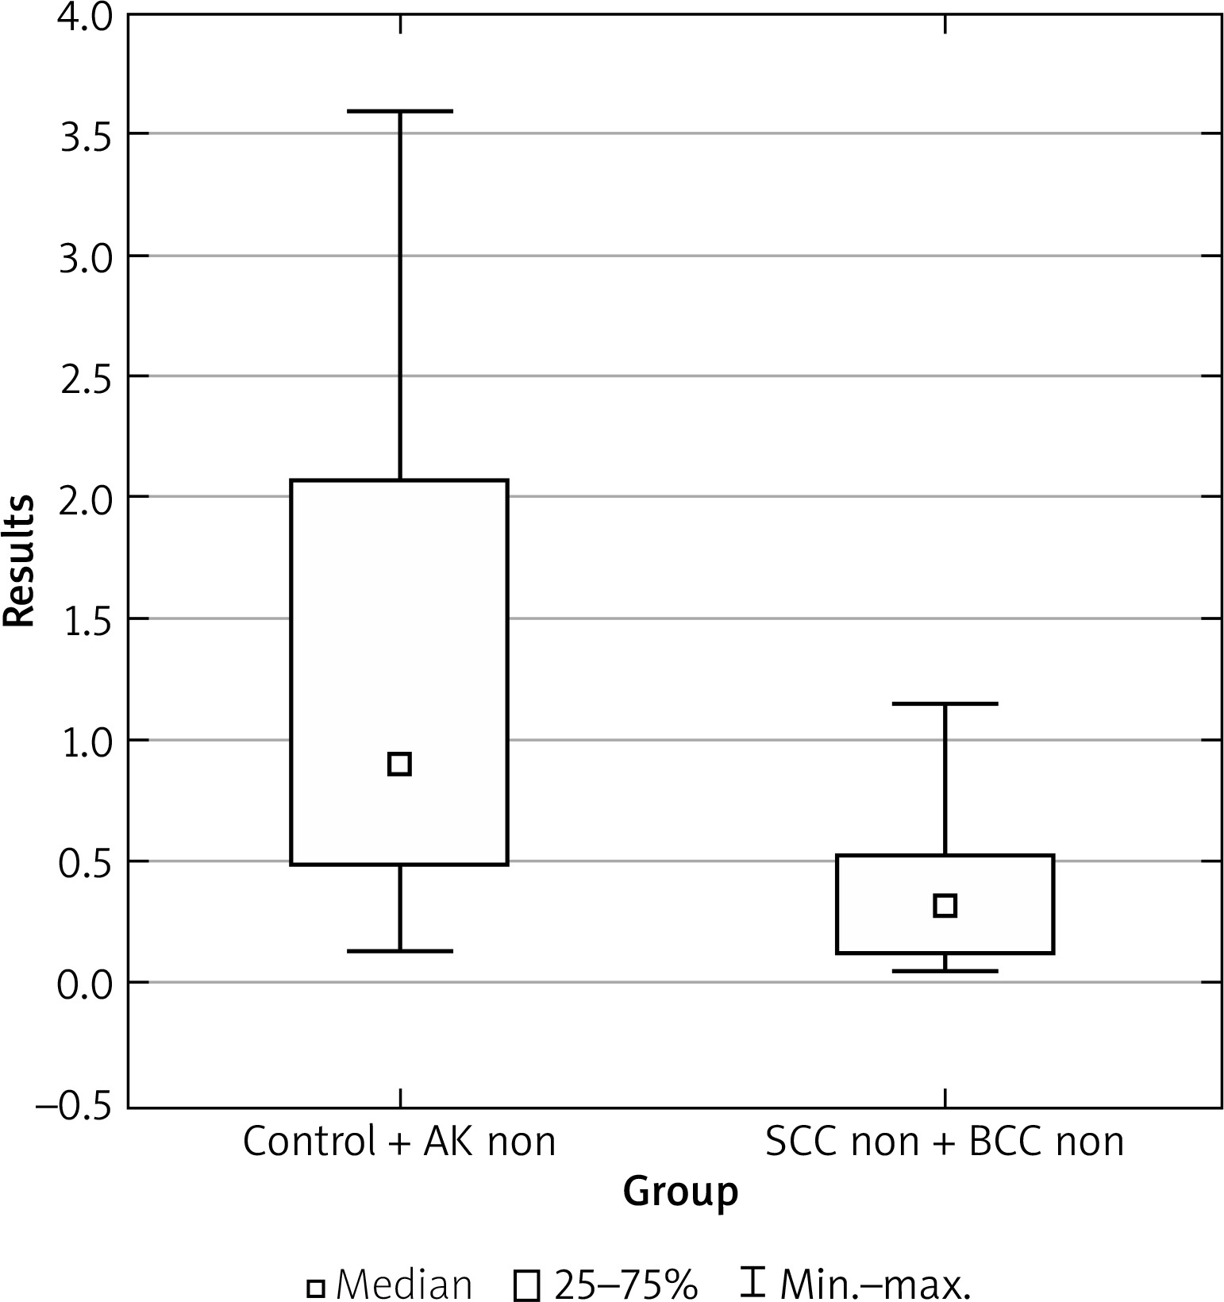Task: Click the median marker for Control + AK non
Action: [x=399, y=764]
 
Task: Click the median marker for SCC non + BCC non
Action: [x=945, y=905]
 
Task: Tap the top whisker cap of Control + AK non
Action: [x=399, y=112]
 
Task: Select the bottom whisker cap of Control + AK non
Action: [x=399, y=950]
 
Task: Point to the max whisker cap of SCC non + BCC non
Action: [x=945, y=703]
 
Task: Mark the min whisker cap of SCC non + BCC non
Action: [x=945, y=971]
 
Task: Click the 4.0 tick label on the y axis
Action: [x=83, y=17]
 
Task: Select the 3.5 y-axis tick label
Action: [x=83, y=134]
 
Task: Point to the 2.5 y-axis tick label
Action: [x=83, y=376]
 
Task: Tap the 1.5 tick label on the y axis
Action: [x=83, y=618]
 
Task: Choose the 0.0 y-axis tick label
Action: [x=83, y=983]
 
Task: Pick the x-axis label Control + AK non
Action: [x=399, y=1142]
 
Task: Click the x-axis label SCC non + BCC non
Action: [x=945, y=1142]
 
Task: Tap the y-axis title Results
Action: [x=19, y=561]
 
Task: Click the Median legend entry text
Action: [x=404, y=1283]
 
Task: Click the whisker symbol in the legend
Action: [x=752, y=1281]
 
